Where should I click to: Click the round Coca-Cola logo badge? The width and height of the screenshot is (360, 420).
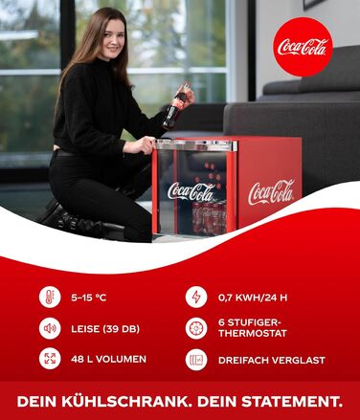[x=303, y=47]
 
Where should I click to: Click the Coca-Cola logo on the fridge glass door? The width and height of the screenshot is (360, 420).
[x=191, y=191]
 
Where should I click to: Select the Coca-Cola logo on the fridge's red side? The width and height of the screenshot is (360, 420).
[x=271, y=192]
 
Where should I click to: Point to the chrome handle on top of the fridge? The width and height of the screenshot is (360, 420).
[x=196, y=145]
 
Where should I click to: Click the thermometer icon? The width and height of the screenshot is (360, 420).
[x=50, y=297]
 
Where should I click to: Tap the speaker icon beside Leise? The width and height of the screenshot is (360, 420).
[x=50, y=328]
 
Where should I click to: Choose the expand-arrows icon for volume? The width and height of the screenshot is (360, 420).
[x=50, y=359]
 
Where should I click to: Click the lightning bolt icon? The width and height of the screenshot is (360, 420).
[x=196, y=297]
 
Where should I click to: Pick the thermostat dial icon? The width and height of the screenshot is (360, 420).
[x=196, y=328]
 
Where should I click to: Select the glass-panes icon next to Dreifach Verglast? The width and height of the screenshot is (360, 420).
[x=196, y=360]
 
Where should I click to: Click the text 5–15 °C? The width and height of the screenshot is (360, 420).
[x=89, y=298]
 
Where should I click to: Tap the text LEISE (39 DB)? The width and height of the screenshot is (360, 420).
[x=105, y=329]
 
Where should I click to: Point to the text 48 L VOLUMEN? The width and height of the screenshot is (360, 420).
[x=108, y=359]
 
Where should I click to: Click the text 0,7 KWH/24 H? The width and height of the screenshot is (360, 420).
[x=253, y=298]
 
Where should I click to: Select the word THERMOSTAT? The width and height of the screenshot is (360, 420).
[x=253, y=334]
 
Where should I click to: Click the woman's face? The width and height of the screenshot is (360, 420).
[x=112, y=39]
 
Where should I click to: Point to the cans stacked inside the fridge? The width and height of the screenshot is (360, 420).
[x=209, y=218]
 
